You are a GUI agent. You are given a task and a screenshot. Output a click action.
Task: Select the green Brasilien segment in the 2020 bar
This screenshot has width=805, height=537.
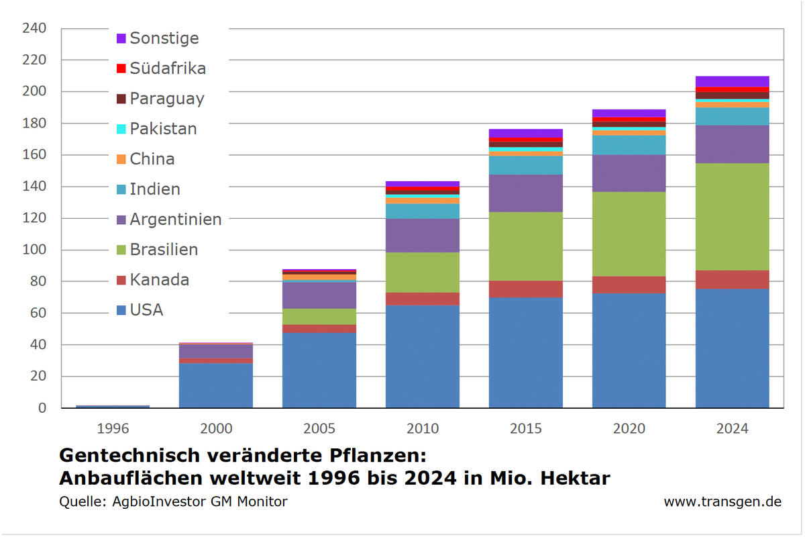click(629, 234)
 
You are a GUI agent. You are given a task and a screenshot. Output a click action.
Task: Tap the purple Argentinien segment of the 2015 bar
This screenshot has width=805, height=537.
click(525, 193)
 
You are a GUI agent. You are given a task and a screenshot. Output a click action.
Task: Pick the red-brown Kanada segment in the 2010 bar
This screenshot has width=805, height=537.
click(422, 299)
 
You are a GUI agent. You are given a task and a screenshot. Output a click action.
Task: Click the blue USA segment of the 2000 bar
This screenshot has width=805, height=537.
click(215, 385)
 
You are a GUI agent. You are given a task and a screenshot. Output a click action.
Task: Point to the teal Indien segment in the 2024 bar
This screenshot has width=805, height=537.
click(732, 116)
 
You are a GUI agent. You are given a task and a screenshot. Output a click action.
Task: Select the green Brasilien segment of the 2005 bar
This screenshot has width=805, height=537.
click(319, 316)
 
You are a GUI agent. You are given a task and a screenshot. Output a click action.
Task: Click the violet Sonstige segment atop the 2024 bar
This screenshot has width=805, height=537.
click(732, 81)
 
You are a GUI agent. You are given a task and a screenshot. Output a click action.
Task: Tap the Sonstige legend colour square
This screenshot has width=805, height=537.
click(121, 38)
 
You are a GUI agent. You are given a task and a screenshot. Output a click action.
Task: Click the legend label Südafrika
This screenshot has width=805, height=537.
click(168, 68)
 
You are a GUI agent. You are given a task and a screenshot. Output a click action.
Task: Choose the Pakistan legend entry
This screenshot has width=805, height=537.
click(163, 129)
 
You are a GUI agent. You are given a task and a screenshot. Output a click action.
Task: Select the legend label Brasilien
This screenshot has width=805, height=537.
click(164, 250)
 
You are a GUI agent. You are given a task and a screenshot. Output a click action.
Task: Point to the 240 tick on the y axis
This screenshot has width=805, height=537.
click(34, 28)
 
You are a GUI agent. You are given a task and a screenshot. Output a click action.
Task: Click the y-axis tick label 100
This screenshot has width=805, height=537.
click(34, 250)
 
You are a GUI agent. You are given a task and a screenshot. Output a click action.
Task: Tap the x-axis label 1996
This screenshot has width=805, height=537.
click(113, 428)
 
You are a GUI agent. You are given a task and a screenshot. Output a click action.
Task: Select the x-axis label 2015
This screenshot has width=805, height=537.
click(525, 428)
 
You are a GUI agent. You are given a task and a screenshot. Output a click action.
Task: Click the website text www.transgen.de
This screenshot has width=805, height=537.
click(722, 501)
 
